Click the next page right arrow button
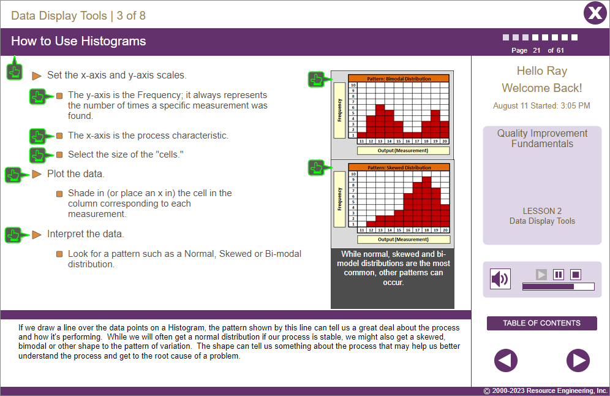(x=578, y=360)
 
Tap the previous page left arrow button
(x=506, y=360)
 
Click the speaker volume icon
(x=500, y=280)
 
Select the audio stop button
(x=576, y=275)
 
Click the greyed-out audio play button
(x=541, y=275)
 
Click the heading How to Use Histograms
(x=78, y=41)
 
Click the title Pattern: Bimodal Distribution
(x=399, y=78)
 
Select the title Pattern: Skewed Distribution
(x=399, y=167)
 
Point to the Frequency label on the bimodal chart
(x=340, y=110)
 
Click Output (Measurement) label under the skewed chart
(x=403, y=240)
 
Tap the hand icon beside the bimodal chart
(x=316, y=79)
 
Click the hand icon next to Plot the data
(x=13, y=175)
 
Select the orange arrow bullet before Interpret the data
(x=37, y=234)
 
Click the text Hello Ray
(x=541, y=71)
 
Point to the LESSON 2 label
(x=542, y=211)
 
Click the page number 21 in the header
(x=537, y=50)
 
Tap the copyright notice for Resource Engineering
(x=545, y=391)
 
